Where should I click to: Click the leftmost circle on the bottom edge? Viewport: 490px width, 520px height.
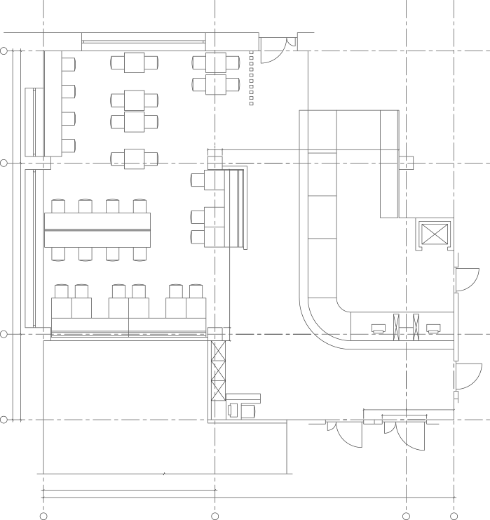pos(43,516)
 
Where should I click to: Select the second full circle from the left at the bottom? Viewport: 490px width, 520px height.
pos(215,516)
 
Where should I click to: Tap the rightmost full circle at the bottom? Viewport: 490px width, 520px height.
pos(454,516)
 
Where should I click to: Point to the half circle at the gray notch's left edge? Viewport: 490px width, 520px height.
pos(404,516)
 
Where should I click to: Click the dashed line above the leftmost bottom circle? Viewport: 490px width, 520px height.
pos(43,505)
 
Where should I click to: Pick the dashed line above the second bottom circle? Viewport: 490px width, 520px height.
pos(215,505)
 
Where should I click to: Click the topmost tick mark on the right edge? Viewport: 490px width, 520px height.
pos(486,51)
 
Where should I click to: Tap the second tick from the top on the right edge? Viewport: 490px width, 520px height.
pos(486,163)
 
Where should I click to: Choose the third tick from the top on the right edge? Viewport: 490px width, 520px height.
pos(486,334)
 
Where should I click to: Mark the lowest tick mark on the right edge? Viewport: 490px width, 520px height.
pos(486,420)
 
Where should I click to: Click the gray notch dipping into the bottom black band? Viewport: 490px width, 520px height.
pos(426,509)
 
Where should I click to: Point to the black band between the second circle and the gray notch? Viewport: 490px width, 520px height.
pos(308,510)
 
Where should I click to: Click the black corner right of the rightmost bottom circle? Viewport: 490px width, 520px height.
pos(474,511)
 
